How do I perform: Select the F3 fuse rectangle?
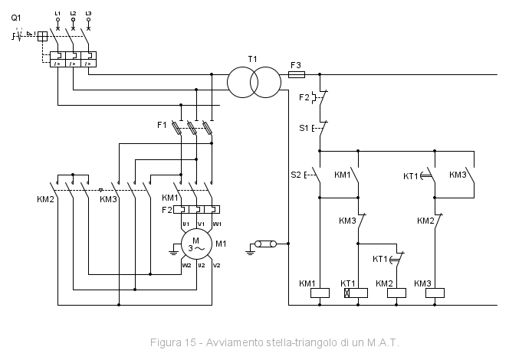(x=297, y=75)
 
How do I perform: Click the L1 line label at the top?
(x=58, y=14)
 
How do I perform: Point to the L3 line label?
(x=88, y=14)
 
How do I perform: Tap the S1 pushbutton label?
(x=303, y=128)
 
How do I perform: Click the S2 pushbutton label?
(x=295, y=175)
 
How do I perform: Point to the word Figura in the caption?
(x=166, y=342)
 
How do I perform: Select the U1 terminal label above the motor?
(x=186, y=224)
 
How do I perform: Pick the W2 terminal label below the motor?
(x=186, y=265)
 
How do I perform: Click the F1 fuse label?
(x=161, y=123)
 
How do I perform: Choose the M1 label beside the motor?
(x=221, y=244)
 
